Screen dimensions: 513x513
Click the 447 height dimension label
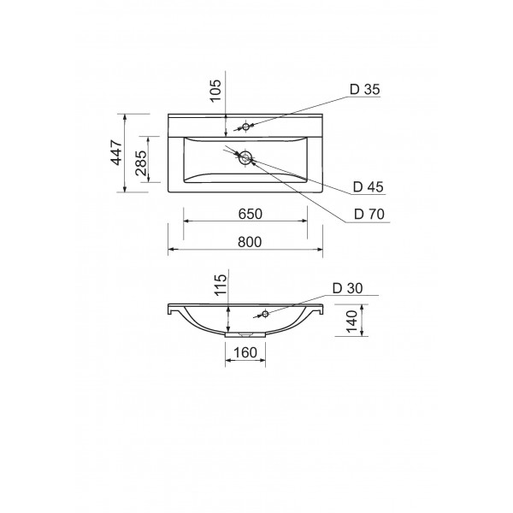pos(117,152)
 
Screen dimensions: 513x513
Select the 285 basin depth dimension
pos(141,163)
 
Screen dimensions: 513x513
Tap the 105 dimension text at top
pos(215,91)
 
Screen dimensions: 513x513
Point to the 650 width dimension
pos(250,214)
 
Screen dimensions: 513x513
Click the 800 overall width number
pos(250,242)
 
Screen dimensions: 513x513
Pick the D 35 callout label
pos(365,89)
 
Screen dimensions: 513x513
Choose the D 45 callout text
pos(368,186)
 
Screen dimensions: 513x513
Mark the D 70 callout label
pos(369,214)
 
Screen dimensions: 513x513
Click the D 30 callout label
pos(348,288)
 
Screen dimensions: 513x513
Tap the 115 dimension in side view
pos(221,285)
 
